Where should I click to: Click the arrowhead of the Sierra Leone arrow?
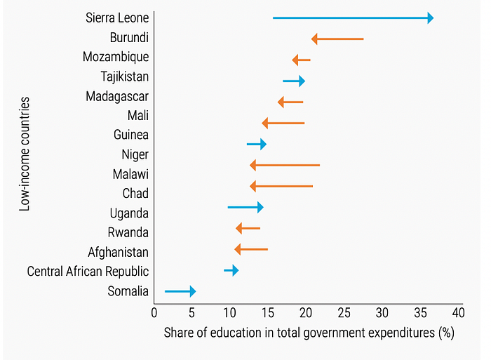pos(429,18)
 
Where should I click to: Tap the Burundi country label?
pos(129,37)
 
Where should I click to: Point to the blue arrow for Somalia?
pos(180,291)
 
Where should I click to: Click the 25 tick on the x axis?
pos(344,311)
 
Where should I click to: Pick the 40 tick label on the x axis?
pos(457,311)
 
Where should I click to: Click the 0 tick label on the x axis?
pos(154,311)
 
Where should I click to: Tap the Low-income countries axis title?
pos(25,154)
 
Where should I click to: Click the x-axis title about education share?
pos(309,333)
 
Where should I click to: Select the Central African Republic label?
pos(88,271)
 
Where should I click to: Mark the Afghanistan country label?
pos(118,251)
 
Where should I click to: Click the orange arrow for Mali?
pos(283,123)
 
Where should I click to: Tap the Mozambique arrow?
pos(301,60)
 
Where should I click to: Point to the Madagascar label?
pos(117,96)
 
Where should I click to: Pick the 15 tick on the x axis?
pos(268,311)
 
